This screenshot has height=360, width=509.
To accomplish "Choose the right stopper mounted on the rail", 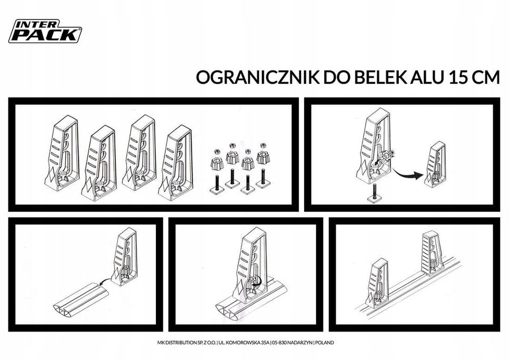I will (x=432, y=252).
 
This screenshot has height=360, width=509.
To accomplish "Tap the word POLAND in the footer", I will (x=324, y=343).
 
